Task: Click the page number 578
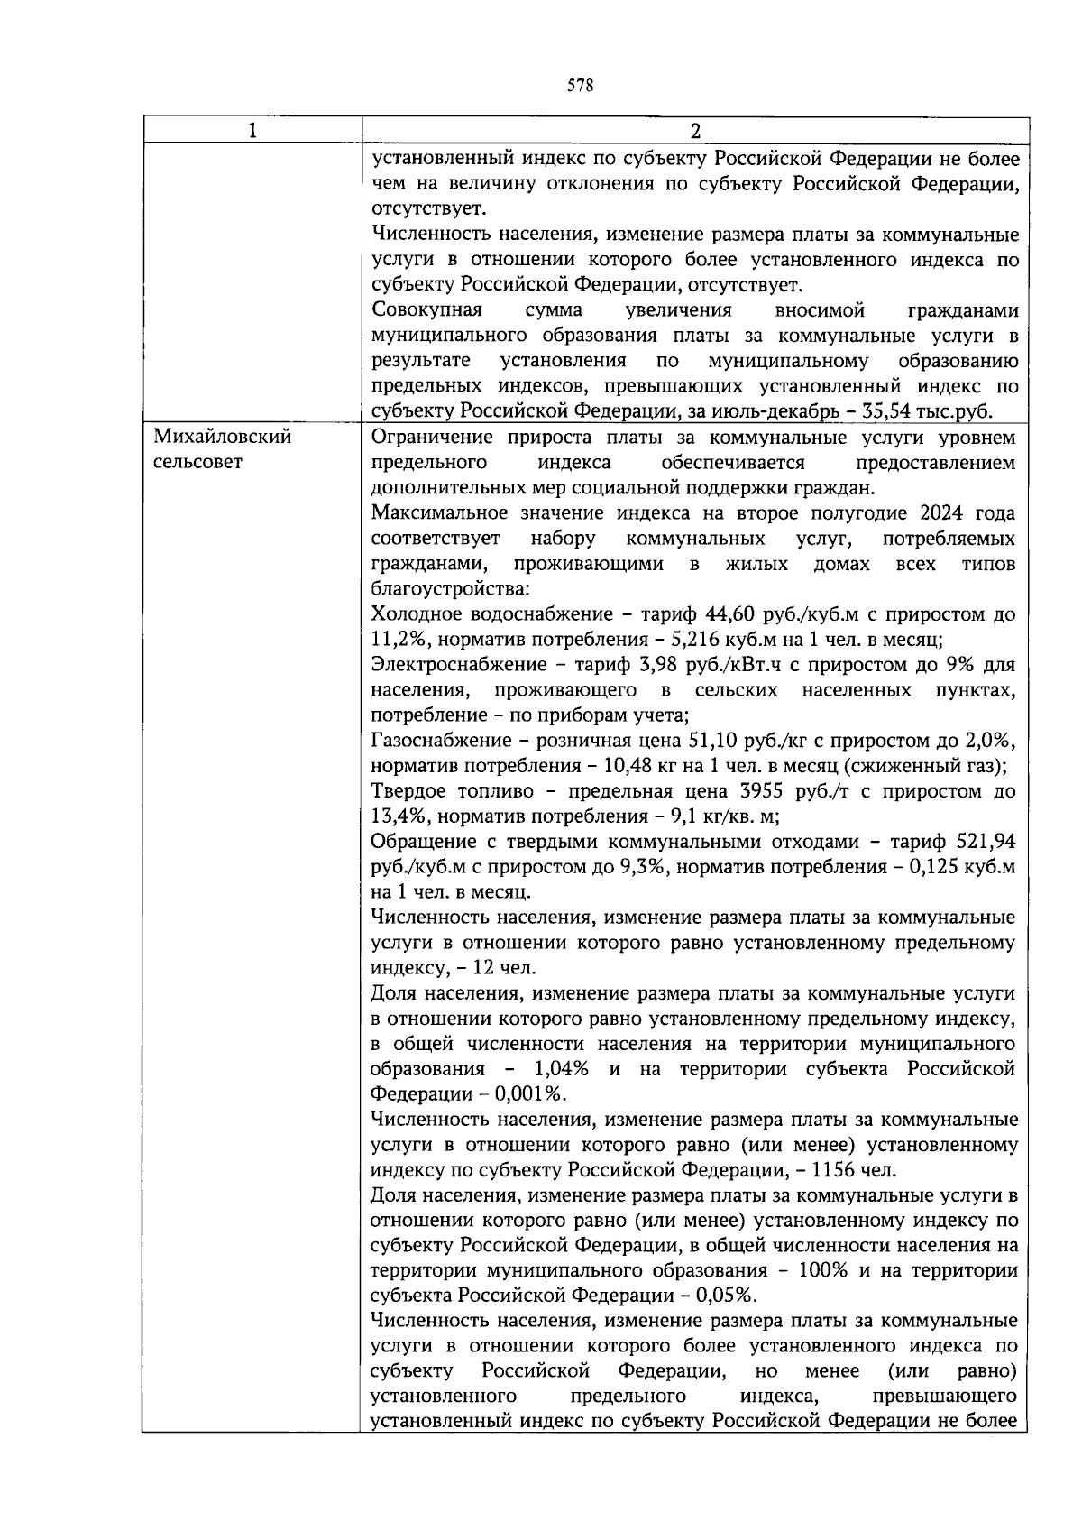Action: coord(581,87)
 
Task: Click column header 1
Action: coord(252,131)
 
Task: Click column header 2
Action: coord(694,131)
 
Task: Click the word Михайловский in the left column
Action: coord(222,437)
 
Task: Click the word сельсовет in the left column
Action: coord(197,462)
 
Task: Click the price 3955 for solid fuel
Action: coord(738,791)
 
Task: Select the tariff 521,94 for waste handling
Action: coord(985,842)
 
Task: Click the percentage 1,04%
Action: coord(562,1069)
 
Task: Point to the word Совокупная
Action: coord(426,310)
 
